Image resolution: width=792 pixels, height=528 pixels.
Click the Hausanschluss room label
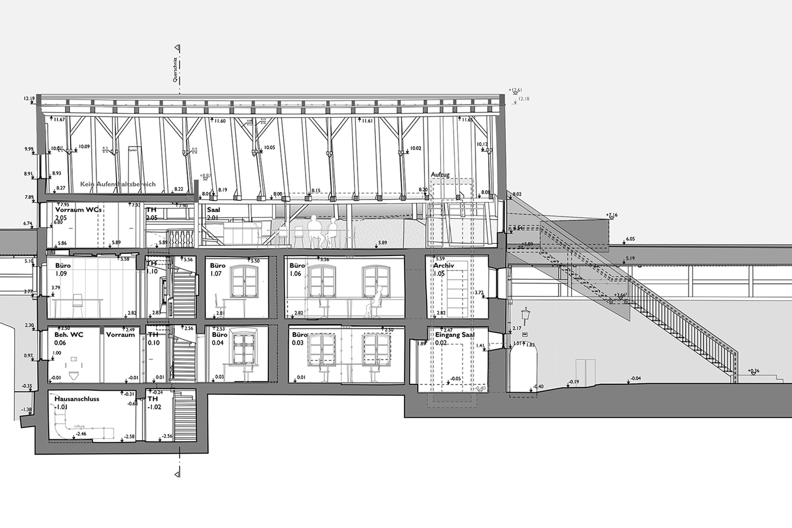pyautogui.click(x=77, y=399)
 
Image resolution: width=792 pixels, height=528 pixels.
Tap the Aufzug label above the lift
pyautogui.click(x=440, y=175)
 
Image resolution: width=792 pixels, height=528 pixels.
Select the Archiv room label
pyautogui.click(x=444, y=266)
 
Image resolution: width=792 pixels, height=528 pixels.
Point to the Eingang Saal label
pyautogui.click(x=455, y=335)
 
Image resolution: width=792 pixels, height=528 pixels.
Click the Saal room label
pyautogui.click(x=213, y=210)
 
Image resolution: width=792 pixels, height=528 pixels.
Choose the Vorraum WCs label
pyautogui.click(x=78, y=210)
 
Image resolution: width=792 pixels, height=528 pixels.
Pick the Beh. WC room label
pyautogui.click(x=69, y=335)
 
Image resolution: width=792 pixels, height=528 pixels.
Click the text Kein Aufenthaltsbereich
pyautogui.click(x=118, y=184)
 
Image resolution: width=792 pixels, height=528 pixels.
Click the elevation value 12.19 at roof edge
pyautogui.click(x=29, y=99)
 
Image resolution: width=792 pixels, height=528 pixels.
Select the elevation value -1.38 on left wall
pyautogui.click(x=26, y=410)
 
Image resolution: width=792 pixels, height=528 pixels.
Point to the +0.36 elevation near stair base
pyautogui.click(x=753, y=371)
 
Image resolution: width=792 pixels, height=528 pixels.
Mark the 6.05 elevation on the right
pyautogui.click(x=630, y=239)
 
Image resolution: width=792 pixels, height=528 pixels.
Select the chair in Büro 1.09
pyautogui.click(x=78, y=305)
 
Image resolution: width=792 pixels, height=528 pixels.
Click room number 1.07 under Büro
pyautogui.click(x=215, y=274)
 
